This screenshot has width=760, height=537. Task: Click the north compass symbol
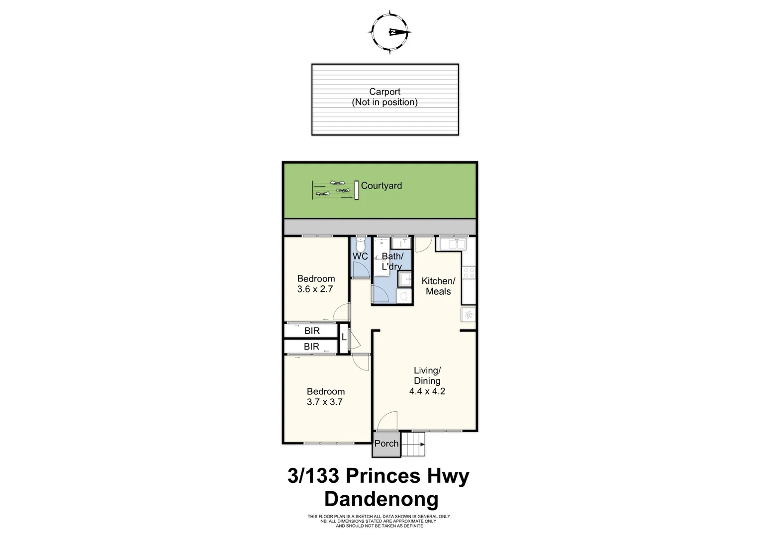pos(390,32)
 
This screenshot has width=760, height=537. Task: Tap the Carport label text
pos(384,92)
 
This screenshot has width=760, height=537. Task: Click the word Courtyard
pos(381,186)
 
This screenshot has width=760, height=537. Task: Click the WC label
pos(360,256)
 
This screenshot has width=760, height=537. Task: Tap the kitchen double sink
pos(451,244)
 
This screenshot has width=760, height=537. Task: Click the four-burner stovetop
pos(469,272)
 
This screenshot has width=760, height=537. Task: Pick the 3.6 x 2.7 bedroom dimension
pos(315,289)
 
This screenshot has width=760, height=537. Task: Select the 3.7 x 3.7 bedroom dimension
pos(325,402)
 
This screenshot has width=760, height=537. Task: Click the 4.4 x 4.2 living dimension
pos(427,391)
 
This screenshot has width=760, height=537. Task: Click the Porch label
pos(386,444)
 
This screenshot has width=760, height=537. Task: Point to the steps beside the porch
pos(413,444)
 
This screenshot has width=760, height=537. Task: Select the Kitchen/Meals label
pos(438,286)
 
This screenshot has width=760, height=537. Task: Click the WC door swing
pos(360,269)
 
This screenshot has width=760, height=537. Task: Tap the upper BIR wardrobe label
pos(312,331)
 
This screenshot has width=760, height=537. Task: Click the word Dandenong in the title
pos(381,499)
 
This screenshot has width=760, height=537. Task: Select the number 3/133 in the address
pos(313,476)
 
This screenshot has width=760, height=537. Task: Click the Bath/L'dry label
pos(392,261)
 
